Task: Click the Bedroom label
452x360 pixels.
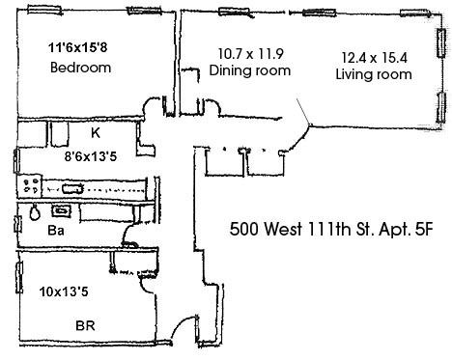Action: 81,68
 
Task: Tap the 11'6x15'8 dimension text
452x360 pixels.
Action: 77,47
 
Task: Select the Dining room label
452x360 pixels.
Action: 250,70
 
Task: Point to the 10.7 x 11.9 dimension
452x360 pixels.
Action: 251,54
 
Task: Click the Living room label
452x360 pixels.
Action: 374,74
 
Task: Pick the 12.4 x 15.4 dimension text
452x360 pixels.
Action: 374,58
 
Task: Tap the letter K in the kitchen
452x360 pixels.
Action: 96,133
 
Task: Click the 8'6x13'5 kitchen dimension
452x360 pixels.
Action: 91,156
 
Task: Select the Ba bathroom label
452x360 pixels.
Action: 56,231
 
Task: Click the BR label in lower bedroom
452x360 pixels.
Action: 85,326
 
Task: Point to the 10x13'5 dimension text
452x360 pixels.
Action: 64,291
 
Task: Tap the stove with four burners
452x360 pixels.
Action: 30,185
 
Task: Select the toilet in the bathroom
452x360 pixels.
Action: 35,211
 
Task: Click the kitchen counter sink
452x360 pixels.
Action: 72,188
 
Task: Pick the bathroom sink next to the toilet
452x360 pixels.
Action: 61,210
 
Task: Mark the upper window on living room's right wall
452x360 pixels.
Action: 441,43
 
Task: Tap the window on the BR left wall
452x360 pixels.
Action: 19,277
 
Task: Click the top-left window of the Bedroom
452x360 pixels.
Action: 44,10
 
